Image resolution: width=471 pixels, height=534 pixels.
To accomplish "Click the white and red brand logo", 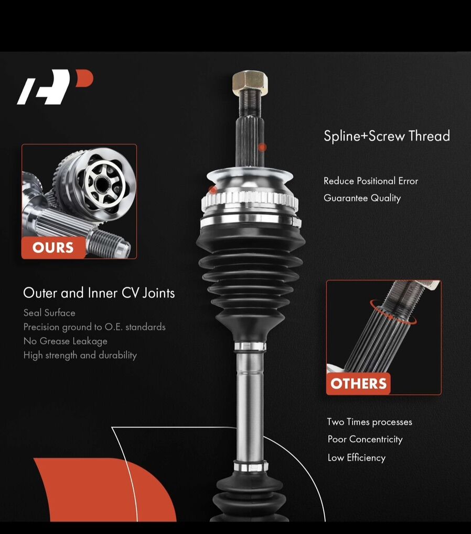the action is pyautogui.click(x=55, y=87).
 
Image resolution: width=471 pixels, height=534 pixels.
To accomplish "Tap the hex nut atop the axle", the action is pyautogui.click(x=250, y=81).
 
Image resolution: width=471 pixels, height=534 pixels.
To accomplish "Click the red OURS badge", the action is pyautogui.click(x=53, y=248).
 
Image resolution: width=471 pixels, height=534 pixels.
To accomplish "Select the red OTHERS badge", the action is pyautogui.click(x=358, y=384).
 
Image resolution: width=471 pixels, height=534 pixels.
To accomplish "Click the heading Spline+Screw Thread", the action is pyautogui.click(x=387, y=136).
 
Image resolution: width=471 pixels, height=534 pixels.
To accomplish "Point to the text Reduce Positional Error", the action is pyautogui.click(x=371, y=181).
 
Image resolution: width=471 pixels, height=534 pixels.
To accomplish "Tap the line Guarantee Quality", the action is pyautogui.click(x=362, y=198).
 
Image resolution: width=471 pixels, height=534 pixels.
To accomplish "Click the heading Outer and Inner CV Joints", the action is pyautogui.click(x=99, y=293).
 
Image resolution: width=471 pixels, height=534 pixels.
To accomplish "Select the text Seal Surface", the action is pyautogui.click(x=49, y=313).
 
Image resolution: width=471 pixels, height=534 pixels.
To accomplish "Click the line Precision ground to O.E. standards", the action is pyautogui.click(x=94, y=327).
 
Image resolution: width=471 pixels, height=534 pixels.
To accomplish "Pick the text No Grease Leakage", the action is pyautogui.click(x=66, y=341).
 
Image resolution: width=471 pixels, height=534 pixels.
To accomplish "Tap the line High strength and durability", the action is pyautogui.click(x=80, y=355).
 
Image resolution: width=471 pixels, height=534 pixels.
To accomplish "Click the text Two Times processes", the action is pyautogui.click(x=370, y=422).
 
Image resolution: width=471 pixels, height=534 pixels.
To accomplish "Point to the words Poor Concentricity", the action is pyautogui.click(x=365, y=439).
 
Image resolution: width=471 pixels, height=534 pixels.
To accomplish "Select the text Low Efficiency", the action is pyautogui.click(x=357, y=458).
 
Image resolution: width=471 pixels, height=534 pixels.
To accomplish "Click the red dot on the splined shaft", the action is pyautogui.click(x=262, y=148).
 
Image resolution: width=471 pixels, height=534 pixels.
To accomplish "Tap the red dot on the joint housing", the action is pyautogui.click(x=212, y=190).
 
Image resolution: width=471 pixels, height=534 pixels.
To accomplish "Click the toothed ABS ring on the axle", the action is pyautogui.click(x=250, y=201).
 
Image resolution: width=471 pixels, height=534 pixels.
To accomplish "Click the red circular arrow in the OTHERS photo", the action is pyautogui.click(x=393, y=311).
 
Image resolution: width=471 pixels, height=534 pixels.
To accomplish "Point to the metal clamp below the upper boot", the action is pyautogui.click(x=250, y=347).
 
